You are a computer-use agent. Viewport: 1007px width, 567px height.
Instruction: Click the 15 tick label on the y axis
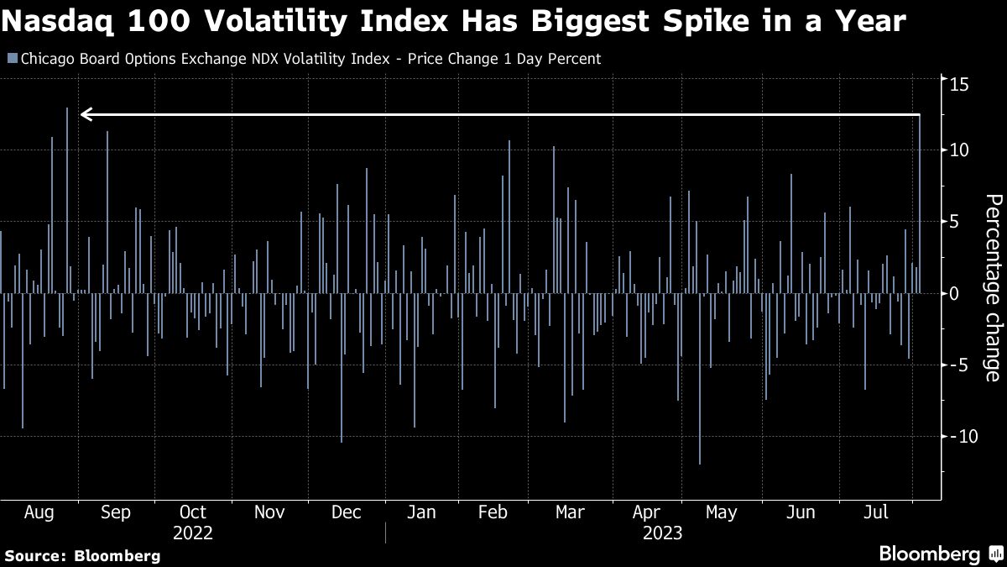(959, 84)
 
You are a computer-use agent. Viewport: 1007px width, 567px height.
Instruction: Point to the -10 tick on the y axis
(957, 436)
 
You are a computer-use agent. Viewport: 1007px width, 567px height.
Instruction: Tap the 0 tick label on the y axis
(954, 293)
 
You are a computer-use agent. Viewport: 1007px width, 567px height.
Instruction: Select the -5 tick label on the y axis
(957, 365)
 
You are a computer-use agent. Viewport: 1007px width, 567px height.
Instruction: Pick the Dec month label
(347, 512)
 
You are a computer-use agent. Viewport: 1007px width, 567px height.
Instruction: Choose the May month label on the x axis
(721, 512)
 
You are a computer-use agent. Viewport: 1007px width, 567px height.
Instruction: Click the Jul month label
(876, 512)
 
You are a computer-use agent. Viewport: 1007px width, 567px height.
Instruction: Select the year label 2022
(192, 533)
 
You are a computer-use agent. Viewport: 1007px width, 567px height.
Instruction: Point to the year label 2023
(662, 533)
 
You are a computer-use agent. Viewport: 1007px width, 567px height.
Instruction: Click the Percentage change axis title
(993, 287)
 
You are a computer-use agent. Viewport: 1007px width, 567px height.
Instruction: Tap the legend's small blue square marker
(11, 59)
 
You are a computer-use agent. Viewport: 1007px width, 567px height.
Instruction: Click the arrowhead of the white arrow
(85, 114)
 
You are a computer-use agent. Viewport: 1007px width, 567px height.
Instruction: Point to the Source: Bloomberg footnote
(82, 555)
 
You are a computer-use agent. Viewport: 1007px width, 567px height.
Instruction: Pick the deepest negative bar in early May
(700, 378)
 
